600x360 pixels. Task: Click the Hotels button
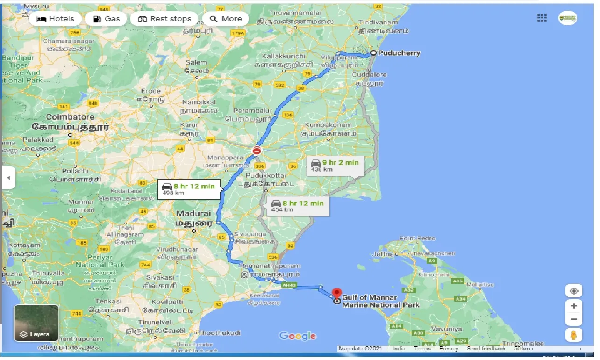55,19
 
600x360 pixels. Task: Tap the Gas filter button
106,19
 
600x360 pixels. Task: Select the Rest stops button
164,19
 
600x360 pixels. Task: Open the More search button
226,19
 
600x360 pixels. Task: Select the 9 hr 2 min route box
335,165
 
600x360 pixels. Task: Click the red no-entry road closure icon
257,151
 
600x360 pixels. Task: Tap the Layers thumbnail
36,323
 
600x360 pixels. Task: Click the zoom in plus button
573,306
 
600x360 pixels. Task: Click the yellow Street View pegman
573,335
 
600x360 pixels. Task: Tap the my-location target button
573,291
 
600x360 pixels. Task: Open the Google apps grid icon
542,18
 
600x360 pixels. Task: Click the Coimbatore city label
70,117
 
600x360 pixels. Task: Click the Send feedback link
486,349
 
